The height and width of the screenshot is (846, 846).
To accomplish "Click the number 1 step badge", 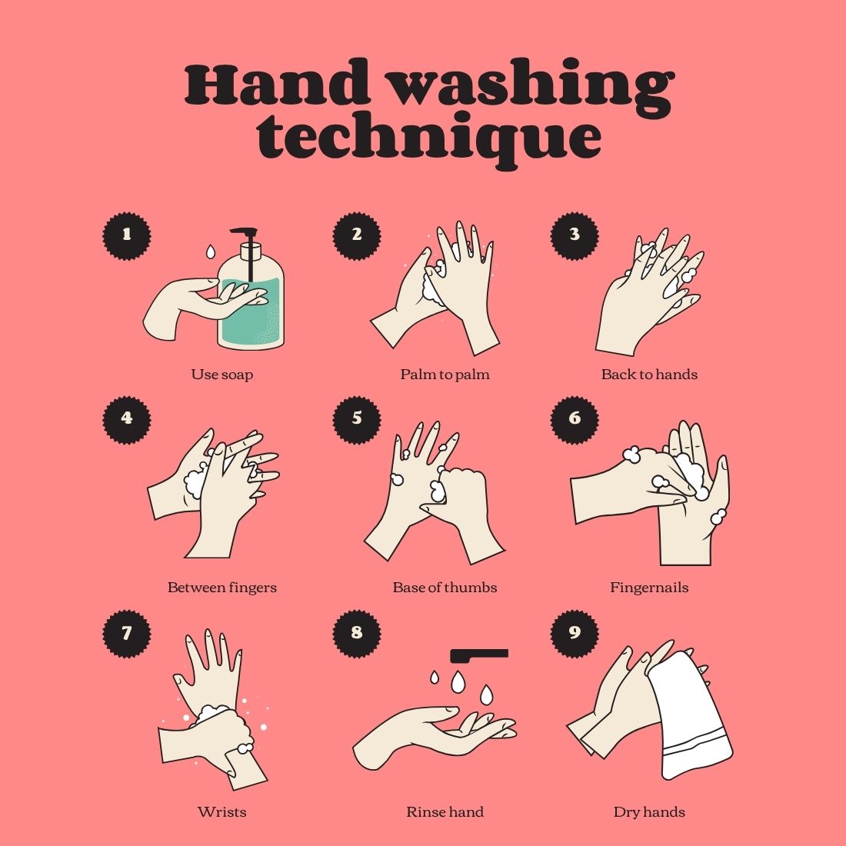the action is tap(127, 236).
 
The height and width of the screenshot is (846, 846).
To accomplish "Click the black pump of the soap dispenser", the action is tap(247, 238).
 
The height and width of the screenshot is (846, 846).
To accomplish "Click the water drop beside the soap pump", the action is tap(211, 251).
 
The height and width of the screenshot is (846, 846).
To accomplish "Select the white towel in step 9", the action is tap(690, 715).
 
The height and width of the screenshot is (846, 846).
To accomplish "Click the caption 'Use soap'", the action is tap(221, 375).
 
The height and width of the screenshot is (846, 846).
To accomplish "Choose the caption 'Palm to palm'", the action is tap(445, 375).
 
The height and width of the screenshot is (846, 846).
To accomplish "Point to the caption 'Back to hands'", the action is tap(649, 375).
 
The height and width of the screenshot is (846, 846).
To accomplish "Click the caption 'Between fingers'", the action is tap(221, 588).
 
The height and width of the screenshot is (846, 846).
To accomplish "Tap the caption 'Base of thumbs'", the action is tap(445, 588).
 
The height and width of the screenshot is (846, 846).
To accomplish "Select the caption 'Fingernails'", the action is tap(649, 588).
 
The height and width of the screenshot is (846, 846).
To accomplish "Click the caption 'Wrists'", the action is tap(221, 812).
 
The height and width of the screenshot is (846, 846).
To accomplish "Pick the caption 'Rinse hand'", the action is tap(445, 812).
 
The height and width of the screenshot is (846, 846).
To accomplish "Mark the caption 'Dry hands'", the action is tap(649, 812).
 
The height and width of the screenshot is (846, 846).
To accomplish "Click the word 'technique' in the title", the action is tap(429, 138).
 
